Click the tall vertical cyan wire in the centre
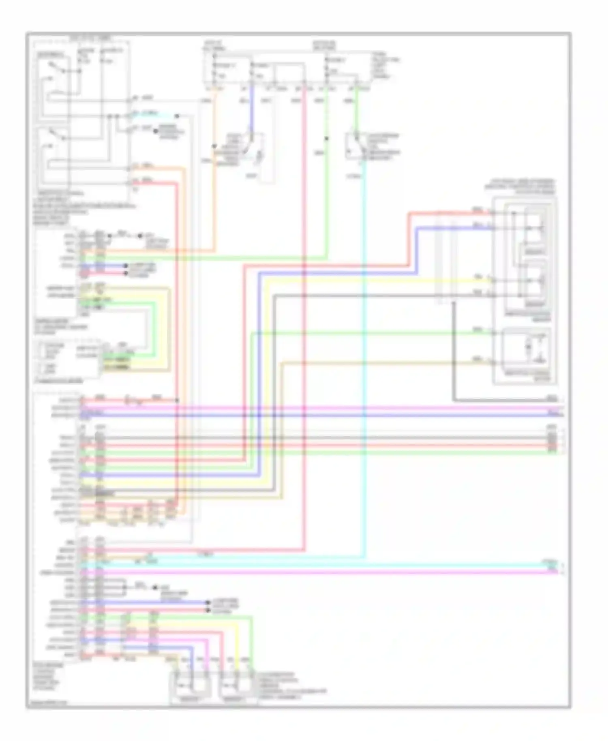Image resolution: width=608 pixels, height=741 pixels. point(364,365)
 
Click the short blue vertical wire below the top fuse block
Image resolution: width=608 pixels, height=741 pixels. point(251,109)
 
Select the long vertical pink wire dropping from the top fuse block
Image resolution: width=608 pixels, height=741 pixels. point(304,324)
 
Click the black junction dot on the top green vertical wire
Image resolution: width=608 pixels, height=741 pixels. point(326,139)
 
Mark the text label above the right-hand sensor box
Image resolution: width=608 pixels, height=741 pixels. point(523,186)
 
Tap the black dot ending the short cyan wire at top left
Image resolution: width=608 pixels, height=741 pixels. point(177,116)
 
